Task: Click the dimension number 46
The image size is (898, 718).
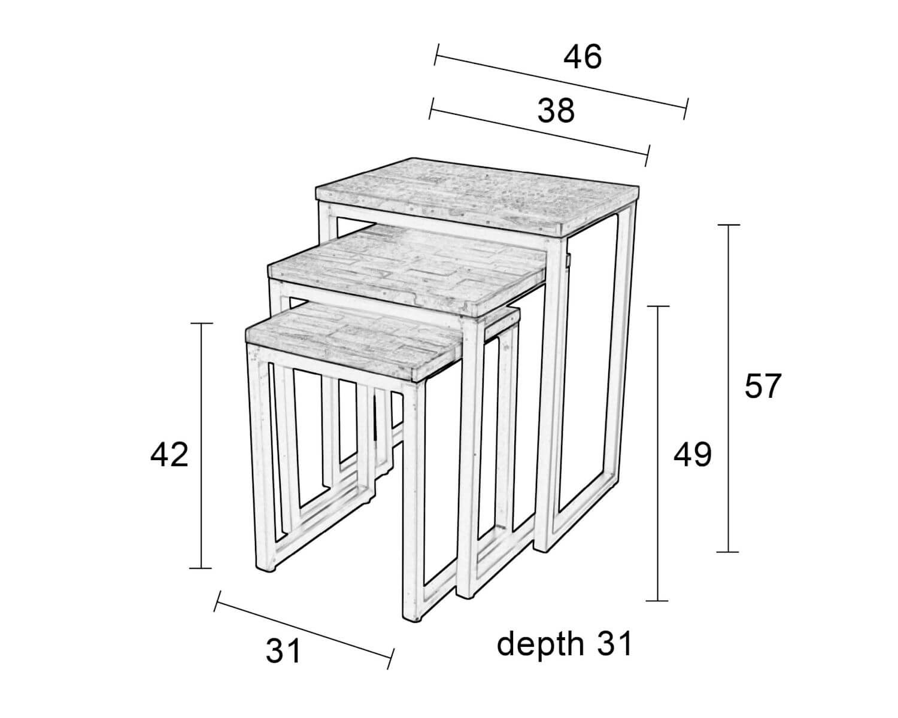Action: (583, 57)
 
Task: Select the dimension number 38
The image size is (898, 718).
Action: (556, 111)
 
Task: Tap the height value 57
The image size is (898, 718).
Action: (762, 387)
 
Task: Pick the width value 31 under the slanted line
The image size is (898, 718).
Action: (283, 651)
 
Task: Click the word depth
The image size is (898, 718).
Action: (541, 643)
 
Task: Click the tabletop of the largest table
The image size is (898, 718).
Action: (477, 194)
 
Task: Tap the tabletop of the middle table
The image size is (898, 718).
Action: (407, 269)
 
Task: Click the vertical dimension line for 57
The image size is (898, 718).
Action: (728, 388)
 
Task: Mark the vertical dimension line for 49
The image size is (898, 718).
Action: (658, 454)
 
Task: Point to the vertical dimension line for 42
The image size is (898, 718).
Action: (202, 446)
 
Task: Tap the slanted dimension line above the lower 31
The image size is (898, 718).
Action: (304, 630)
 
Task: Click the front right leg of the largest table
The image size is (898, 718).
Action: (550, 392)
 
